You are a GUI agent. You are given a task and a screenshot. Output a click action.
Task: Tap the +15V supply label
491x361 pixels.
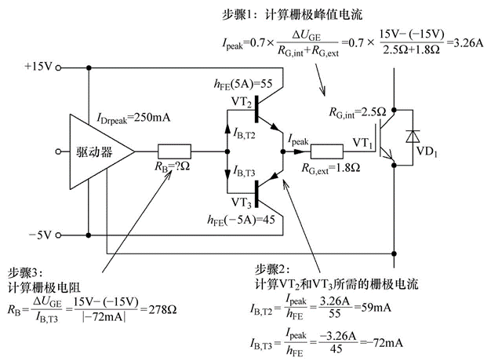coord(37,67)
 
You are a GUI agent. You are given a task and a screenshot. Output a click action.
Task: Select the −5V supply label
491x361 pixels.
coord(39,234)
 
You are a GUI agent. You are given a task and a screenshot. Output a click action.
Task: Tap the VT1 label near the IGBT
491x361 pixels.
coord(362,142)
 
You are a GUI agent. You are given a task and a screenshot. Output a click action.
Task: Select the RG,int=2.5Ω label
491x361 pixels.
coord(358,111)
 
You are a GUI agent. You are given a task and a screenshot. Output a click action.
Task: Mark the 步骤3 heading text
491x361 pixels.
coord(24,272)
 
